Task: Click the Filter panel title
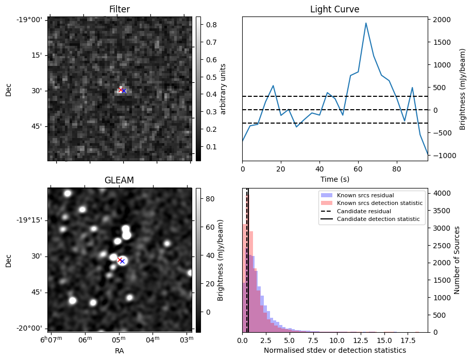click(x=119, y=9)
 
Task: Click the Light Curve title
click(x=334, y=9)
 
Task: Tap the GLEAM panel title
click(x=119, y=180)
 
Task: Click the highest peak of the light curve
click(x=366, y=23)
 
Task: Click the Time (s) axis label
click(x=334, y=178)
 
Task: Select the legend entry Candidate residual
click(x=364, y=212)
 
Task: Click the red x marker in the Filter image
click(x=121, y=90)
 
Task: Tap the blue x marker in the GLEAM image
click(x=123, y=262)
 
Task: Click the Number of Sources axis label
click(x=457, y=260)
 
